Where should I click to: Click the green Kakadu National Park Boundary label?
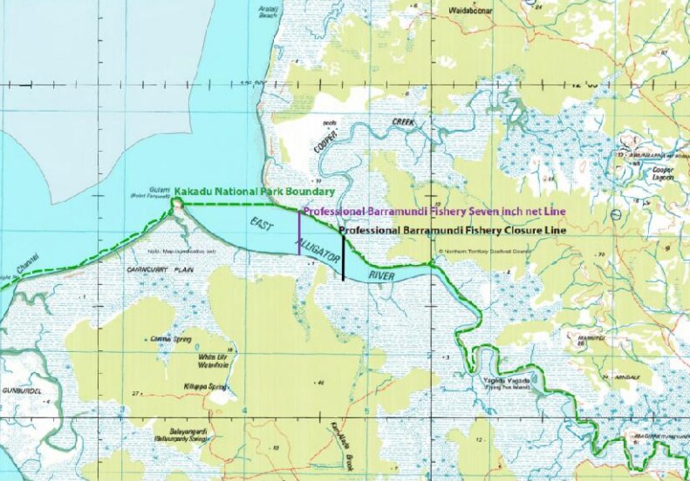pos(255,191)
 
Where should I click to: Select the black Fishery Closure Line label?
pos(449,232)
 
